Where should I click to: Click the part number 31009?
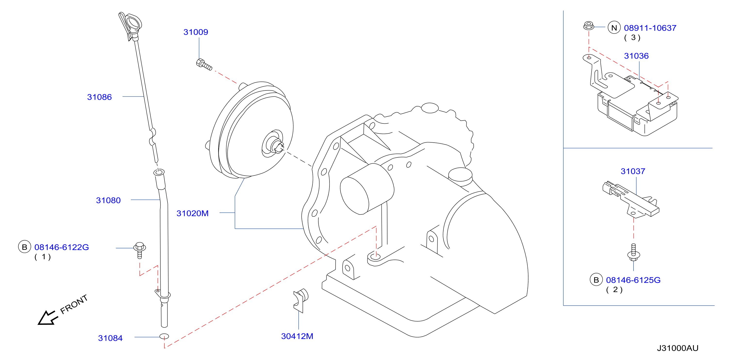pos(196,32)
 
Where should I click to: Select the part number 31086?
pos(99,97)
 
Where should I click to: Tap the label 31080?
pos(108,200)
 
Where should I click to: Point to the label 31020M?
pos(192,213)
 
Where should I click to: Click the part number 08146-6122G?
pos(61,247)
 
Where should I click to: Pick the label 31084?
pos(110,338)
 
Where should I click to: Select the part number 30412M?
pos(297,336)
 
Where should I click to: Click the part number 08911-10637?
pos(650,28)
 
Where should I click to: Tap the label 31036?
pos(636,56)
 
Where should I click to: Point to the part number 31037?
pos(633,171)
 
